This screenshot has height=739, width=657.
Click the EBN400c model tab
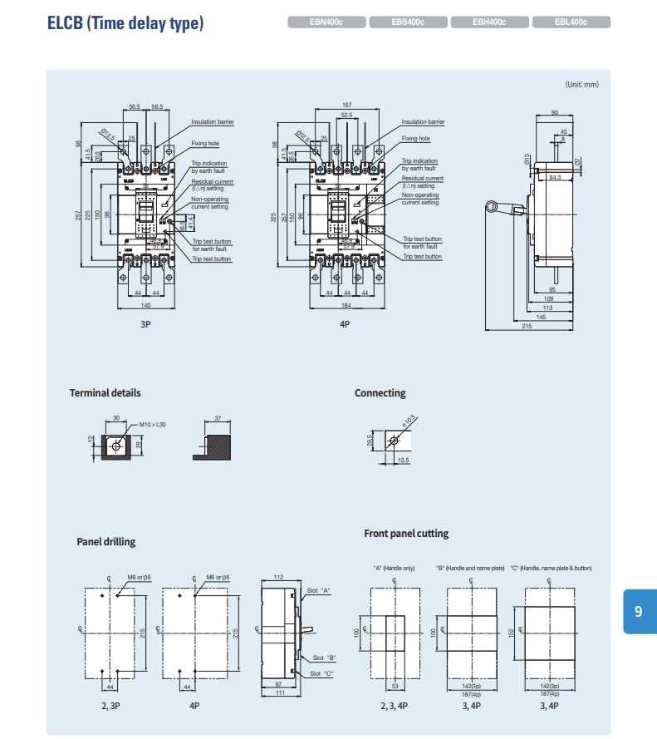326,23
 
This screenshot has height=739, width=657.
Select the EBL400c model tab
572,23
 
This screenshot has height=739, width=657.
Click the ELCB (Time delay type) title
125,23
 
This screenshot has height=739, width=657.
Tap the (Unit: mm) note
581,84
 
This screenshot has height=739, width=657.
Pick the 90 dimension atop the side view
554,112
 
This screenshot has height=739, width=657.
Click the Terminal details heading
105,393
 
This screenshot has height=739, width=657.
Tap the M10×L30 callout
153,425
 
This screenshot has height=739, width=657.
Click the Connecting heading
380,393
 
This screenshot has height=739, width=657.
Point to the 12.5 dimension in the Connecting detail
404,460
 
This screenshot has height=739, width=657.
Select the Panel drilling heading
106,542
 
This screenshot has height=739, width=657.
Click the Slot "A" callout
319,590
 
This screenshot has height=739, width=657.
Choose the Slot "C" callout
321,673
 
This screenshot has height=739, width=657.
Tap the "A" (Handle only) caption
395,568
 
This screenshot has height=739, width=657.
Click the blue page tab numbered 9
638,612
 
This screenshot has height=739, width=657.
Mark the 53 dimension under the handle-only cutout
395,687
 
